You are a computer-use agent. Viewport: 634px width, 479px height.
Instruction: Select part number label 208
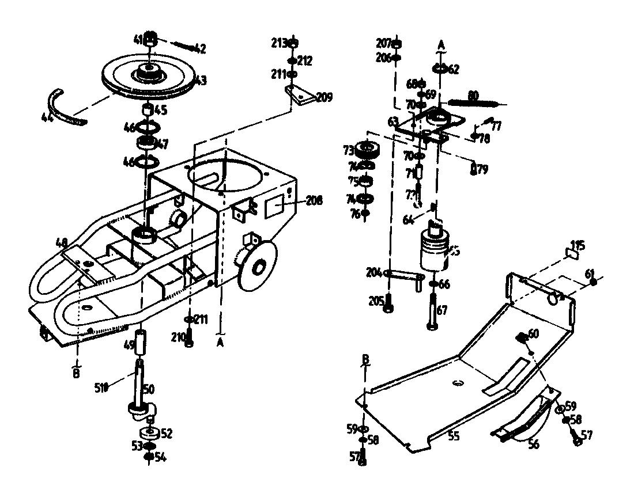pyautogui.click(x=314, y=200)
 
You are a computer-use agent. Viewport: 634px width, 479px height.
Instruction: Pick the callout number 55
pyautogui.click(x=454, y=436)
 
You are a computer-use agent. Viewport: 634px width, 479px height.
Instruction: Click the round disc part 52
pyautogui.click(x=149, y=432)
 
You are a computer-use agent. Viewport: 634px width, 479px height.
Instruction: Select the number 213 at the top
pyautogui.click(x=279, y=43)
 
